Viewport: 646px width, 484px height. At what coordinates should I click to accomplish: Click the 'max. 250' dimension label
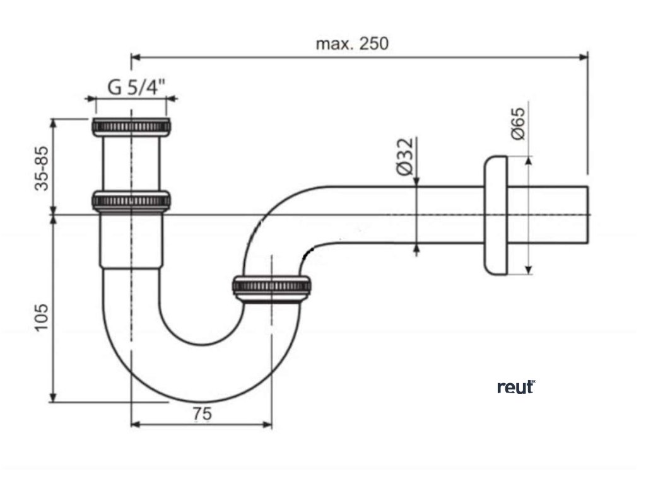coord(353,43)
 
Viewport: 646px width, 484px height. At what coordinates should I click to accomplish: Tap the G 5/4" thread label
coord(135,87)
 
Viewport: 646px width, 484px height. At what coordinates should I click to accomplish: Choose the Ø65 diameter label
coord(517,124)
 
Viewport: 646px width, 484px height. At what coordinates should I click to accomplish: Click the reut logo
coord(515,387)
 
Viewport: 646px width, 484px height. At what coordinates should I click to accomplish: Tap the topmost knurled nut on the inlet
coord(132,126)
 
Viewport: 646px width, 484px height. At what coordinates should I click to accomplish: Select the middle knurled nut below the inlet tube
coord(131,200)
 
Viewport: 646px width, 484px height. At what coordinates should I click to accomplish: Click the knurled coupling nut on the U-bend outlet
coord(271,287)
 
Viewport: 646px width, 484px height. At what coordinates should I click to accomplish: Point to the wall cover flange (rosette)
coord(495,215)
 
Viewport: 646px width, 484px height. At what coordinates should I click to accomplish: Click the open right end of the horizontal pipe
coord(586,215)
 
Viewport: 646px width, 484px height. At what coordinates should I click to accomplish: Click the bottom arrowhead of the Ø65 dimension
coord(528,270)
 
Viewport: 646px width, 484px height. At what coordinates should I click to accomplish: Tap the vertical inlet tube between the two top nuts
coord(131,163)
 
